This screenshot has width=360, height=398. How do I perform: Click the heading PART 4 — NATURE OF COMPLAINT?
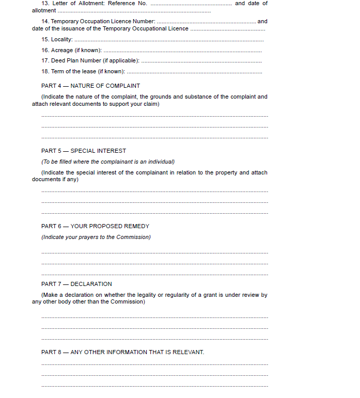pos(90,86)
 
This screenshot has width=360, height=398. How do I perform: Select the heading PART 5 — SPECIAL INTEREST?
pos(84,151)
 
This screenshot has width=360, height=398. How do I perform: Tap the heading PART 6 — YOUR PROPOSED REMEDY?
pos(95,226)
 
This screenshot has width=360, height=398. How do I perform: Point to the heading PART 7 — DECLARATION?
pos(76,284)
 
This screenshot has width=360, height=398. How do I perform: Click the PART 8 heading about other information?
pos(122,352)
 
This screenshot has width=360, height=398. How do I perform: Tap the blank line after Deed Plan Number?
pos(201,61)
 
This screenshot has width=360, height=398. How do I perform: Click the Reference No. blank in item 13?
pos(191,4)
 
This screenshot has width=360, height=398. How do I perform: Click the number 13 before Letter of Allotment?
pos(45,4)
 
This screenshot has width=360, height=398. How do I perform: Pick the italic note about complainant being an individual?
pos(108,162)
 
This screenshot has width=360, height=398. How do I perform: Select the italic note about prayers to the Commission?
pos(96,237)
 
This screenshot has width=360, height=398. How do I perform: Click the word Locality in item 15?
pos(61,40)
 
